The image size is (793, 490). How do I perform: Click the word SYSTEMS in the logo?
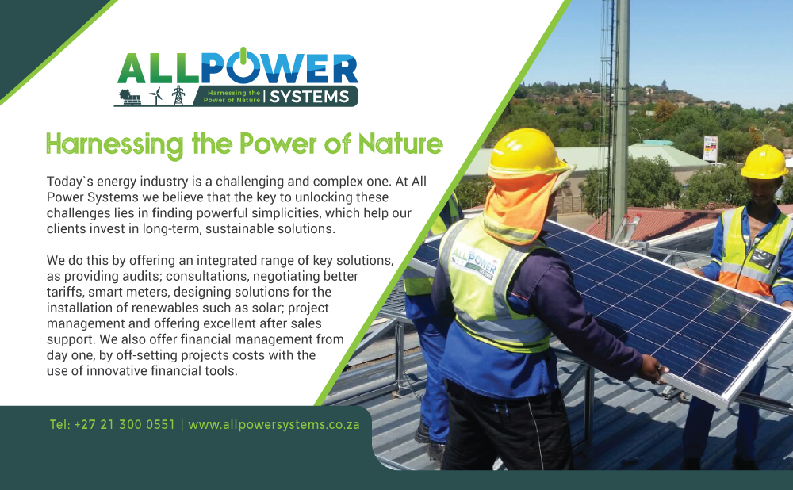[309, 96]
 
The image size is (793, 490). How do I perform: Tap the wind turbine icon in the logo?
[156, 95]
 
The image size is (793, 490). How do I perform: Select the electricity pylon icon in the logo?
[178, 95]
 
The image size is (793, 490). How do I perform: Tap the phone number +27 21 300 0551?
[125, 424]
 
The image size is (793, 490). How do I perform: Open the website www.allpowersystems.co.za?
[274, 425]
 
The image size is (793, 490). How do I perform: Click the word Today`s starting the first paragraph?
[70, 182]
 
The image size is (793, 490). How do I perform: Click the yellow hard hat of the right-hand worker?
[764, 162]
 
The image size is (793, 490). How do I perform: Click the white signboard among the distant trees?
[711, 149]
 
